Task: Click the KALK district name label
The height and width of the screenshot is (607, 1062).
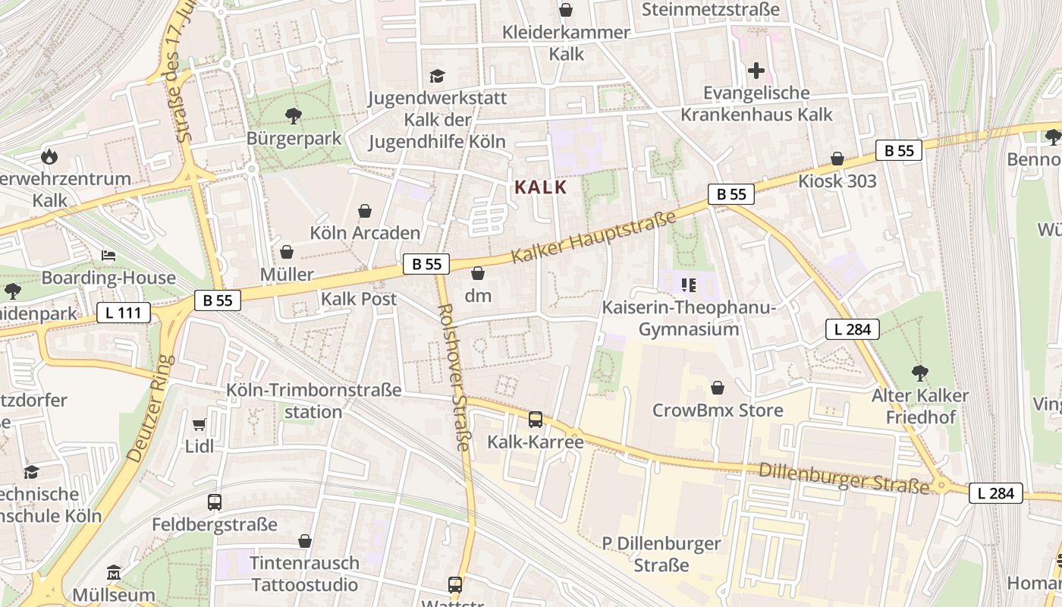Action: point(541,187)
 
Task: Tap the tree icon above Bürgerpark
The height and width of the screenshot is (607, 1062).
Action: point(294,116)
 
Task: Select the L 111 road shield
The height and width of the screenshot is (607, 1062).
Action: point(124,312)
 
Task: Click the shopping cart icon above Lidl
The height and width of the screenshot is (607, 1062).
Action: point(200,425)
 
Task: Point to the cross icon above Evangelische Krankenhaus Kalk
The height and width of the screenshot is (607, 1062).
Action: point(756,71)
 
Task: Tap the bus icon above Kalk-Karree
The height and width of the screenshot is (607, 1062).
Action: point(536,420)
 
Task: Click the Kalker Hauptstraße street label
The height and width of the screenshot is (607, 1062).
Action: point(593,238)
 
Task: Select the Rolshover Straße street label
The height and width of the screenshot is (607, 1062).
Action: point(455,377)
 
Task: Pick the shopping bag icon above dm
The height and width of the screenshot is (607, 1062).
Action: point(478,273)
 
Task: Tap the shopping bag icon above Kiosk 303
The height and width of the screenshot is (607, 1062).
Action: point(837,159)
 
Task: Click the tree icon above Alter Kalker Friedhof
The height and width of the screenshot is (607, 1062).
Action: point(920,373)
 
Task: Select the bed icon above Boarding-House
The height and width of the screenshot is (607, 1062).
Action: point(108,256)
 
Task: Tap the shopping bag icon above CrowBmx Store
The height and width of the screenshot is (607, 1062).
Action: point(718,388)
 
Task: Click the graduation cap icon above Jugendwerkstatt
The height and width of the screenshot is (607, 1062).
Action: point(437,76)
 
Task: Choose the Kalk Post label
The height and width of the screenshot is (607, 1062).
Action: point(359,299)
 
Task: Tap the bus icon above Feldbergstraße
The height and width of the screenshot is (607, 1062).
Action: point(215,502)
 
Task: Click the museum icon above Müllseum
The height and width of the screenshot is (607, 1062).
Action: point(114,571)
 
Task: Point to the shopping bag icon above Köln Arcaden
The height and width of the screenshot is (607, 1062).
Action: point(365,210)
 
